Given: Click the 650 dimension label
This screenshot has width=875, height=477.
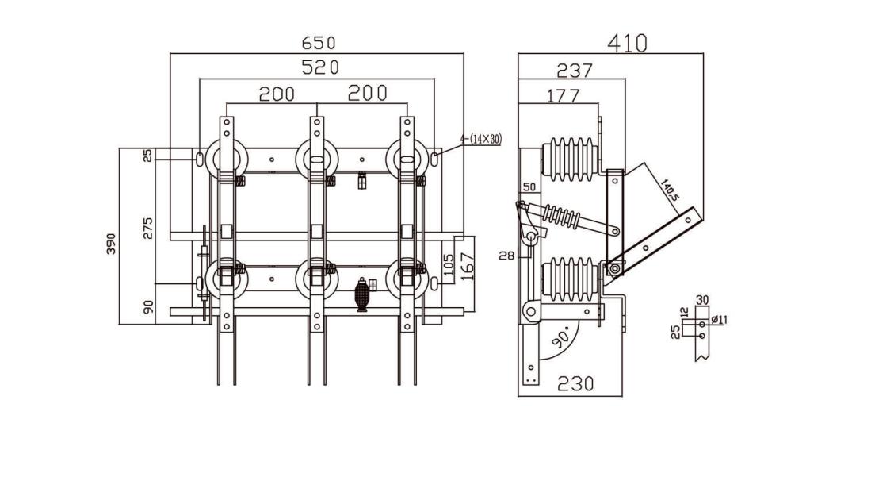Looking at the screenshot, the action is [x=319, y=43].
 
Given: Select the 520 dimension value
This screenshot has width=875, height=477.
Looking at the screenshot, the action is [x=320, y=67].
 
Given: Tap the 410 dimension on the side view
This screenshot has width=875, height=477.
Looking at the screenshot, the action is [x=627, y=43].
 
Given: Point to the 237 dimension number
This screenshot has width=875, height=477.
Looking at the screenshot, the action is [x=574, y=71].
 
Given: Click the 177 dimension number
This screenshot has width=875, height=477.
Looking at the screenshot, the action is [x=563, y=96].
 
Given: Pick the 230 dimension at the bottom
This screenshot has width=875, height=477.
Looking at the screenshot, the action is [x=575, y=383].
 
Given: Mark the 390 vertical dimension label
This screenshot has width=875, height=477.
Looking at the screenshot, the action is [x=112, y=244].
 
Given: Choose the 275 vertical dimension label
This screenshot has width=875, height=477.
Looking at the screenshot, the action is [x=147, y=228].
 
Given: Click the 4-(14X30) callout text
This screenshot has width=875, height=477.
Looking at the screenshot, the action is [x=480, y=139].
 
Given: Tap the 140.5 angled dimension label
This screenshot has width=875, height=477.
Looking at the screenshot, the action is [x=669, y=190].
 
